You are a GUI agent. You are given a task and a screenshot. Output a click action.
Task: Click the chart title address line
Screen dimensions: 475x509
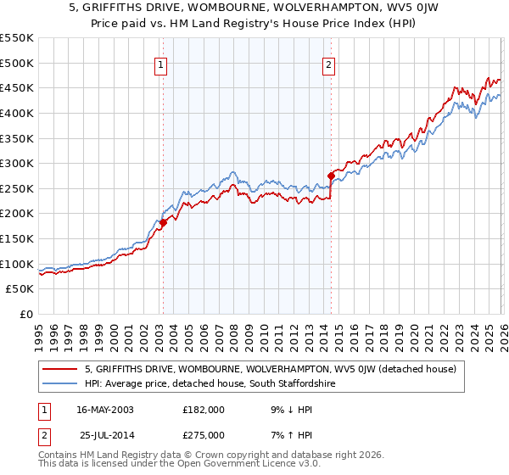255,8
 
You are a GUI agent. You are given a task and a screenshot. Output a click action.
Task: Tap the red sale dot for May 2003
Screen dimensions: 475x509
163,222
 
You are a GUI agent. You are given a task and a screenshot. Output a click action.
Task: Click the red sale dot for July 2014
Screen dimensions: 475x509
331,176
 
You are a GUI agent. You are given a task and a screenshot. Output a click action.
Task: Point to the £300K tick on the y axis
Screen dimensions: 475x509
17,163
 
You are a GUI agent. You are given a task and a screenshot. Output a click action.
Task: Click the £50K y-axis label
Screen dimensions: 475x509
20,289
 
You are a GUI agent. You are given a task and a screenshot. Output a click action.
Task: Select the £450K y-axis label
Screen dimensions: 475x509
17,87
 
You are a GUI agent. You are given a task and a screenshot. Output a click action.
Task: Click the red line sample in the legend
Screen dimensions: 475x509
60,369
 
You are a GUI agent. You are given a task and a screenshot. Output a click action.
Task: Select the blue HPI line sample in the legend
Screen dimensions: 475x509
60,384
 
